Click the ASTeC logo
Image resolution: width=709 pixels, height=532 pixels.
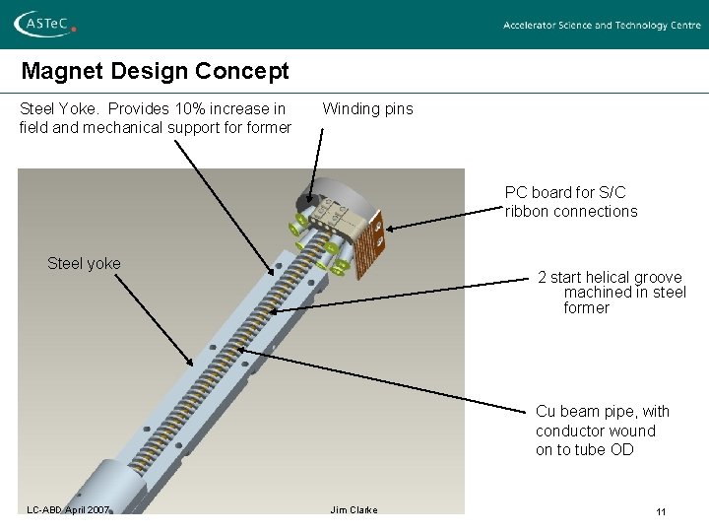tap(44, 25)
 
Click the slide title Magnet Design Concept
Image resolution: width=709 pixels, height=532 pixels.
tap(156, 71)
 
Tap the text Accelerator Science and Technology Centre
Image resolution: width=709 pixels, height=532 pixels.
tap(602, 26)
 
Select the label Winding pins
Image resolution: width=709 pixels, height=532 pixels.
tap(367, 108)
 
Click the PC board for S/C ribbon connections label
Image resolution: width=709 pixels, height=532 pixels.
tap(570, 202)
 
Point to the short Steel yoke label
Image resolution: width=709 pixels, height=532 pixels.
tap(84, 263)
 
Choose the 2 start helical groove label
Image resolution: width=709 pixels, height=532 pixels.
tap(611, 292)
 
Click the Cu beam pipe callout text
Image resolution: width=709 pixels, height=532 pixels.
tap(602, 431)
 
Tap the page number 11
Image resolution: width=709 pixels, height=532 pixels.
tap(661, 511)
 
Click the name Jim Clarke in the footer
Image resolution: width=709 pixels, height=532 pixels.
tap(354, 509)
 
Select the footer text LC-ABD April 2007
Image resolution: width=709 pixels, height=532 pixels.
tap(68, 509)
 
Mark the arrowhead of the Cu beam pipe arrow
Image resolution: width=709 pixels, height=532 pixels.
tap(239, 349)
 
